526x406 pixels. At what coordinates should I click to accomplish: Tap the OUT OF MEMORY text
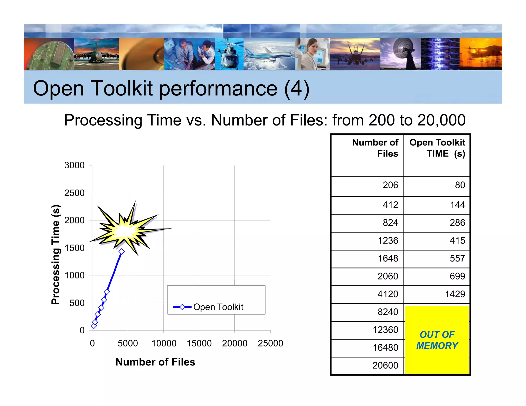437,340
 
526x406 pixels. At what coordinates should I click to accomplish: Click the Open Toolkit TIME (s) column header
437,148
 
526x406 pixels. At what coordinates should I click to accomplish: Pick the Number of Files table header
375,148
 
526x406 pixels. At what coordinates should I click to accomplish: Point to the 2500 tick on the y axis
74,193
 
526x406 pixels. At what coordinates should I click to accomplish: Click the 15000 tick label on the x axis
199,343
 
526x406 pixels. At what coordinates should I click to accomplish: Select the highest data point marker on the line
121,252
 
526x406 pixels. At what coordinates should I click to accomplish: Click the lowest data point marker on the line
94,326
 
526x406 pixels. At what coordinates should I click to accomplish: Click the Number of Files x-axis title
155,362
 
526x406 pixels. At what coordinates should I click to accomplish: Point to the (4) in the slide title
297,88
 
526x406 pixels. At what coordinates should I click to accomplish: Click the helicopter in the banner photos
229,54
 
